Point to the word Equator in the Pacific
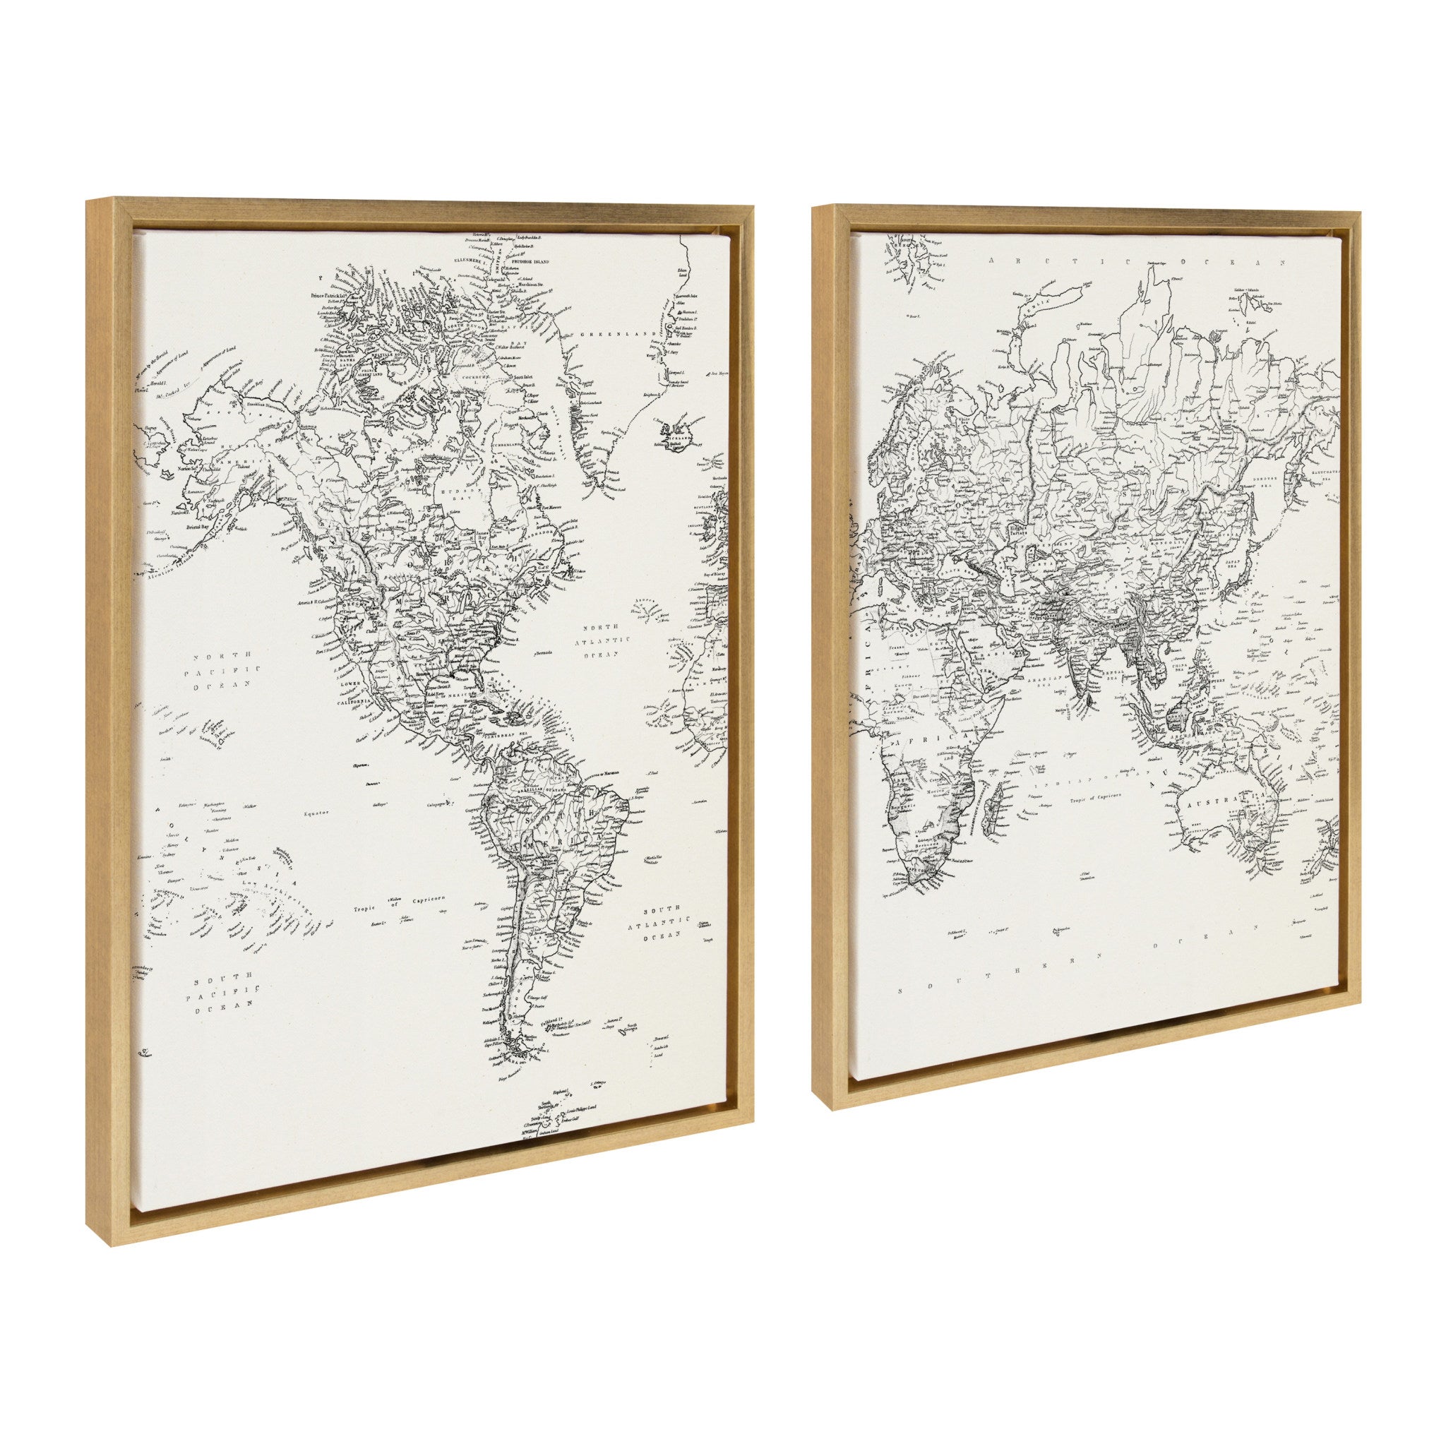(317, 812)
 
